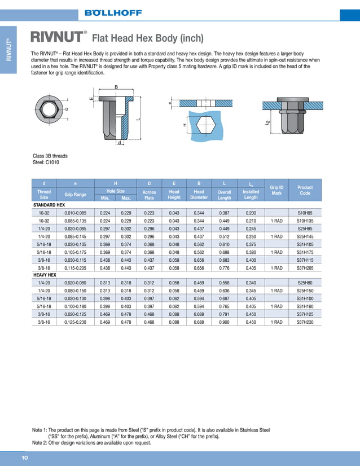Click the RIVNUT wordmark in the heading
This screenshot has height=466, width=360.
point(56,38)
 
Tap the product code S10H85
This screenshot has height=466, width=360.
point(305,212)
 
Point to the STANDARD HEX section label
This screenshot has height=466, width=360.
point(49,204)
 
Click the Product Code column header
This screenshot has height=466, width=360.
point(305,190)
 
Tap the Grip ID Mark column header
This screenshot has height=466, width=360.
point(276,190)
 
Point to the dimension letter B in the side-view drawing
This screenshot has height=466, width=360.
point(116,86)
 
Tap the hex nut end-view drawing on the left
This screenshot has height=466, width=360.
point(49,109)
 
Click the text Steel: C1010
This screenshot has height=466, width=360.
point(46,162)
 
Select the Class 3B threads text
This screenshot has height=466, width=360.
point(50,156)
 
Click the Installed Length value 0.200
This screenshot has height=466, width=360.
point(251,212)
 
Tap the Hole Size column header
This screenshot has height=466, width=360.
point(116,191)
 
